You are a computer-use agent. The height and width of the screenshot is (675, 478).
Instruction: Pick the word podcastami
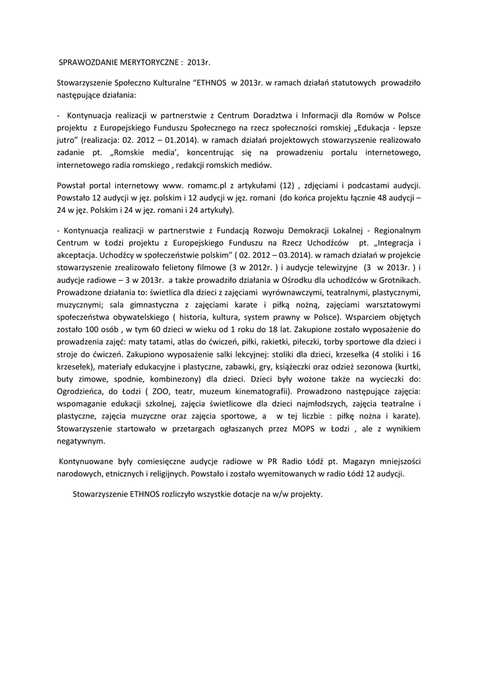click(x=367, y=187)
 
